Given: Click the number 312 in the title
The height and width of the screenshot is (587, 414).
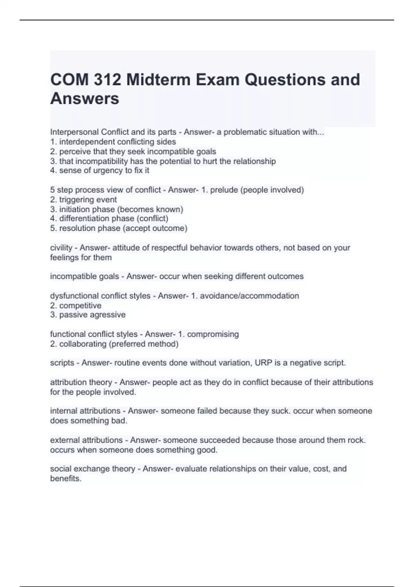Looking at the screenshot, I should pyautogui.click(x=107, y=80).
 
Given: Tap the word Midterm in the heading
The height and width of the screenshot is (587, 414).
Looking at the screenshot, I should pyautogui.click(x=159, y=80).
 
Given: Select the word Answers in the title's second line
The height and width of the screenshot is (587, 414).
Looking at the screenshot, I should pyautogui.click(x=85, y=98).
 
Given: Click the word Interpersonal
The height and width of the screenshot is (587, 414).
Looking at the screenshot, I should pyautogui.click(x=74, y=132).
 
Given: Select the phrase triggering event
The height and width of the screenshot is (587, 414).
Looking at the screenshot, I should pyautogui.click(x=88, y=199).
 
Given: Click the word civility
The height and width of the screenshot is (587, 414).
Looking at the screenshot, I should pyautogui.click(x=61, y=248).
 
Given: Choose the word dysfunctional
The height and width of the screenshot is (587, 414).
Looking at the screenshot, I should pyautogui.click(x=75, y=296).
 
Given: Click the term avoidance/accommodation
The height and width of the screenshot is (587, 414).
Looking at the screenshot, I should pyautogui.click(x=249, y=296).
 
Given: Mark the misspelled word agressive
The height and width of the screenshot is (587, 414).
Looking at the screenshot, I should pyautogui.click(x=109, y=315).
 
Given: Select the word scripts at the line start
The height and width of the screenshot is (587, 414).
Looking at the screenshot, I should pyautogui.click(x=62, y=363).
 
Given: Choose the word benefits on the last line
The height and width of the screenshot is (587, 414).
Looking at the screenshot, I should pyautogui.click(x=66, y=478).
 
